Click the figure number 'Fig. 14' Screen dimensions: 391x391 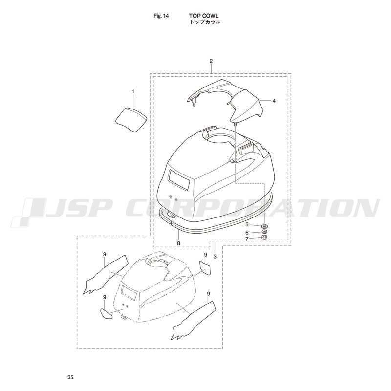(161, 16)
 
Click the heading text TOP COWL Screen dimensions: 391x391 (203, 16)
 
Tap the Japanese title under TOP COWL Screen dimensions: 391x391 (205, 22)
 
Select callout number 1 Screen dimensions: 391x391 (133, 92)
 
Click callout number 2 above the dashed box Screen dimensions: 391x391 (211, 61)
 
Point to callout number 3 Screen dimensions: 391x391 (215, 256)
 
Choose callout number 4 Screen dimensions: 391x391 (274, 101)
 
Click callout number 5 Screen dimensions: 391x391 (247, 224)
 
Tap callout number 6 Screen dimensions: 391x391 (247, 233)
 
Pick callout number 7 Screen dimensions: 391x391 (247, 239)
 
